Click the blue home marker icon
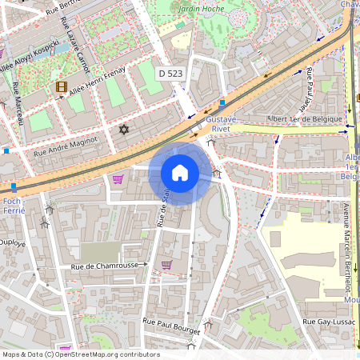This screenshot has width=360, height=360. coord(180,173)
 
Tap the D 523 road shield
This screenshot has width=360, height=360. coord(169,73)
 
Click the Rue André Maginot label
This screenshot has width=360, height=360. coord(65,145)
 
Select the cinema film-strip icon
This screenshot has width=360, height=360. coord(62,86)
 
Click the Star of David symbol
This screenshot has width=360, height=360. coord(123,129)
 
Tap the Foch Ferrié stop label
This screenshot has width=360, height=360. coord(13,206)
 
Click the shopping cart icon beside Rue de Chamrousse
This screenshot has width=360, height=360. coord(166,264)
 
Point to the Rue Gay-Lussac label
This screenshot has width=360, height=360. coord(326,321)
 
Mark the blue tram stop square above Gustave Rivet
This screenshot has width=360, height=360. coord(222,102)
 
